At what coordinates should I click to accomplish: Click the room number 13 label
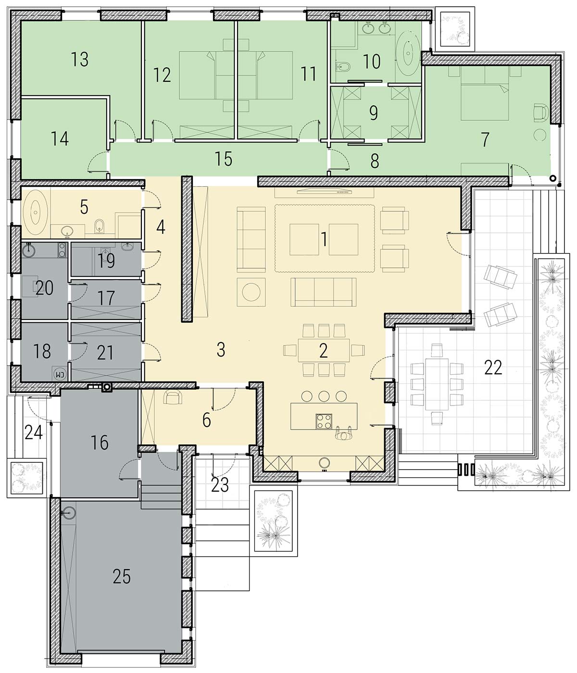point(79,59)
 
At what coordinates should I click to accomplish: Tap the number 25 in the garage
point(122,577)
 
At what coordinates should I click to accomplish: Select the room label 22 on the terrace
point(493,368)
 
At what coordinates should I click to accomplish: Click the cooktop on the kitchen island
point(324,421)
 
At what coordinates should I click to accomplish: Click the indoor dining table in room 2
point(324,350)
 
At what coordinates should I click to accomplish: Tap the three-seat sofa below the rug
point(324,292)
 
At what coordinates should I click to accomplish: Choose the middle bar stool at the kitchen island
point(324,396)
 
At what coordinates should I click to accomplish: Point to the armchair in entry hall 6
point(172,397)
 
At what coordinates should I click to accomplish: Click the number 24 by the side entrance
point(34,433)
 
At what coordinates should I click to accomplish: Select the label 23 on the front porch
point(220,485)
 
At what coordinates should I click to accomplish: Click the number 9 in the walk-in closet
point(374,113)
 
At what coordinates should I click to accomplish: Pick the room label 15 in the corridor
point(224,159)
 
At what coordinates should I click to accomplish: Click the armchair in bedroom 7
point(541,113)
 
